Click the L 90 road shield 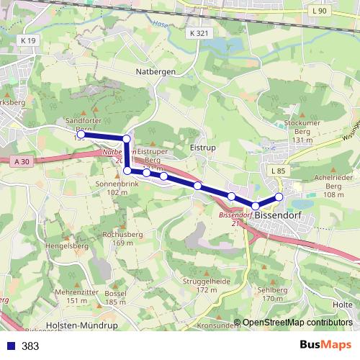click(x=319, y=11)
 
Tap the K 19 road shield click(x=28, y=41)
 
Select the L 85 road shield click(x=279, y=170)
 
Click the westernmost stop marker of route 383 click(x=81, y=135)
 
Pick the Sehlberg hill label click(x=271, y=294)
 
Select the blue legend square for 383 click(x=11, y=346)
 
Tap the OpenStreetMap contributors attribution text click(x=297, y=323)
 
